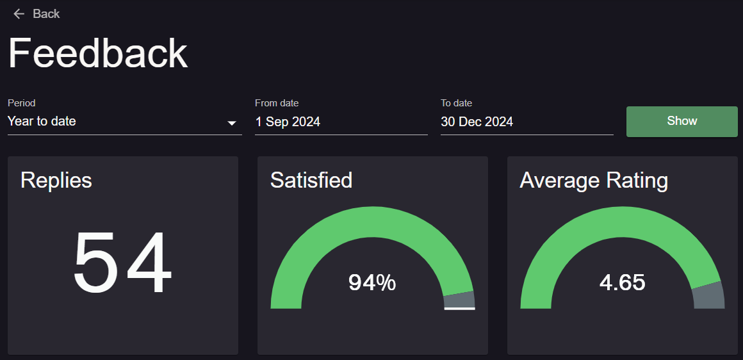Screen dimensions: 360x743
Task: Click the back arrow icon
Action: point(19,14)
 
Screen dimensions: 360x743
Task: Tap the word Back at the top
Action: point(46,14)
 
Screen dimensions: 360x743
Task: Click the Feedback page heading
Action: point(98,54)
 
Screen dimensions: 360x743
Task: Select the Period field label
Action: point(22,102)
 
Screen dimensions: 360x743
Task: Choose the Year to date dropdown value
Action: point(42,121)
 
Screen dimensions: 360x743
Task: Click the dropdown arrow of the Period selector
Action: point(232,123)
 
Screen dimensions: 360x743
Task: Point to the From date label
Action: point(277,102)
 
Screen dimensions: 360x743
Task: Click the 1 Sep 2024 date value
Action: point(288,122)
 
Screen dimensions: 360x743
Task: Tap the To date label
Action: point(456,102)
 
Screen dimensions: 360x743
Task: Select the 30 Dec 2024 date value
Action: point(477,122)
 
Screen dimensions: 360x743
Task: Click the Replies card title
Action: point(56,181)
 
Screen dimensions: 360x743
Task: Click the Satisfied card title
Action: point(311,181)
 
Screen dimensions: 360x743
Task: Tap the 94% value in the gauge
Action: point(372,282)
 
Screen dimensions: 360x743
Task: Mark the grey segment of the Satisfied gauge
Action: point(459,300)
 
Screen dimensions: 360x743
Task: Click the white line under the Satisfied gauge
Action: point(459,308)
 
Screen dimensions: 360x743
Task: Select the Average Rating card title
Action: point(594,181)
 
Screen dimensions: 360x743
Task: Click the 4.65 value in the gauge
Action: point(622,282)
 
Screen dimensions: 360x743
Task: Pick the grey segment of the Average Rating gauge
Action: point(708,295)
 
